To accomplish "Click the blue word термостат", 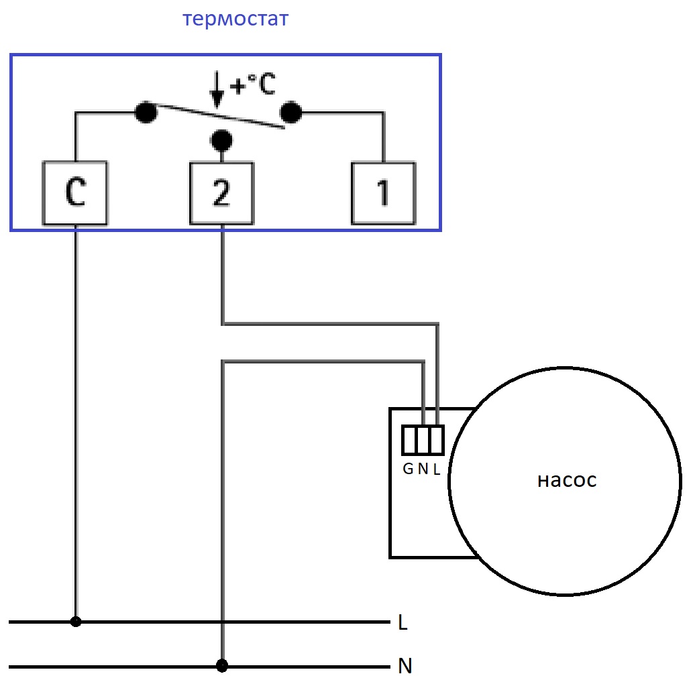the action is [235, 19].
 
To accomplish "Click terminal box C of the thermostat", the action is [75, 193].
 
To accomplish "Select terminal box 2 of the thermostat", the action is [222, 194].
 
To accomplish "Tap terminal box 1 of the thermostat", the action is [384, 194].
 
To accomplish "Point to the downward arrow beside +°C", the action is [217, 89].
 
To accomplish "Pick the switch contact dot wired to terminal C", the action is [146, 112].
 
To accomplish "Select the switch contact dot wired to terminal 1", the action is [290, 112].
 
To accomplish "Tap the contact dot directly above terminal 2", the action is [222, 141].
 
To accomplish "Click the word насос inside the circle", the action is [567, 481].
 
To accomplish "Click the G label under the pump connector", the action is [409, 469].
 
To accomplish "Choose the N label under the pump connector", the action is [423, 469].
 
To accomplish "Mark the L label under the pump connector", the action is [437, 469].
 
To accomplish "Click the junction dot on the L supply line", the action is [76, 622].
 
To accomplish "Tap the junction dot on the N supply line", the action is [222, 665].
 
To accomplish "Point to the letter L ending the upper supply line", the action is [403, 622].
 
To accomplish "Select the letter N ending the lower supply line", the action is [405, 666].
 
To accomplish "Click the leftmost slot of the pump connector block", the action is [409, 440].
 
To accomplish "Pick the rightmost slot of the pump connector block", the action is [437, 440].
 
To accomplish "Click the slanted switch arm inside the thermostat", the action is [221, 117].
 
